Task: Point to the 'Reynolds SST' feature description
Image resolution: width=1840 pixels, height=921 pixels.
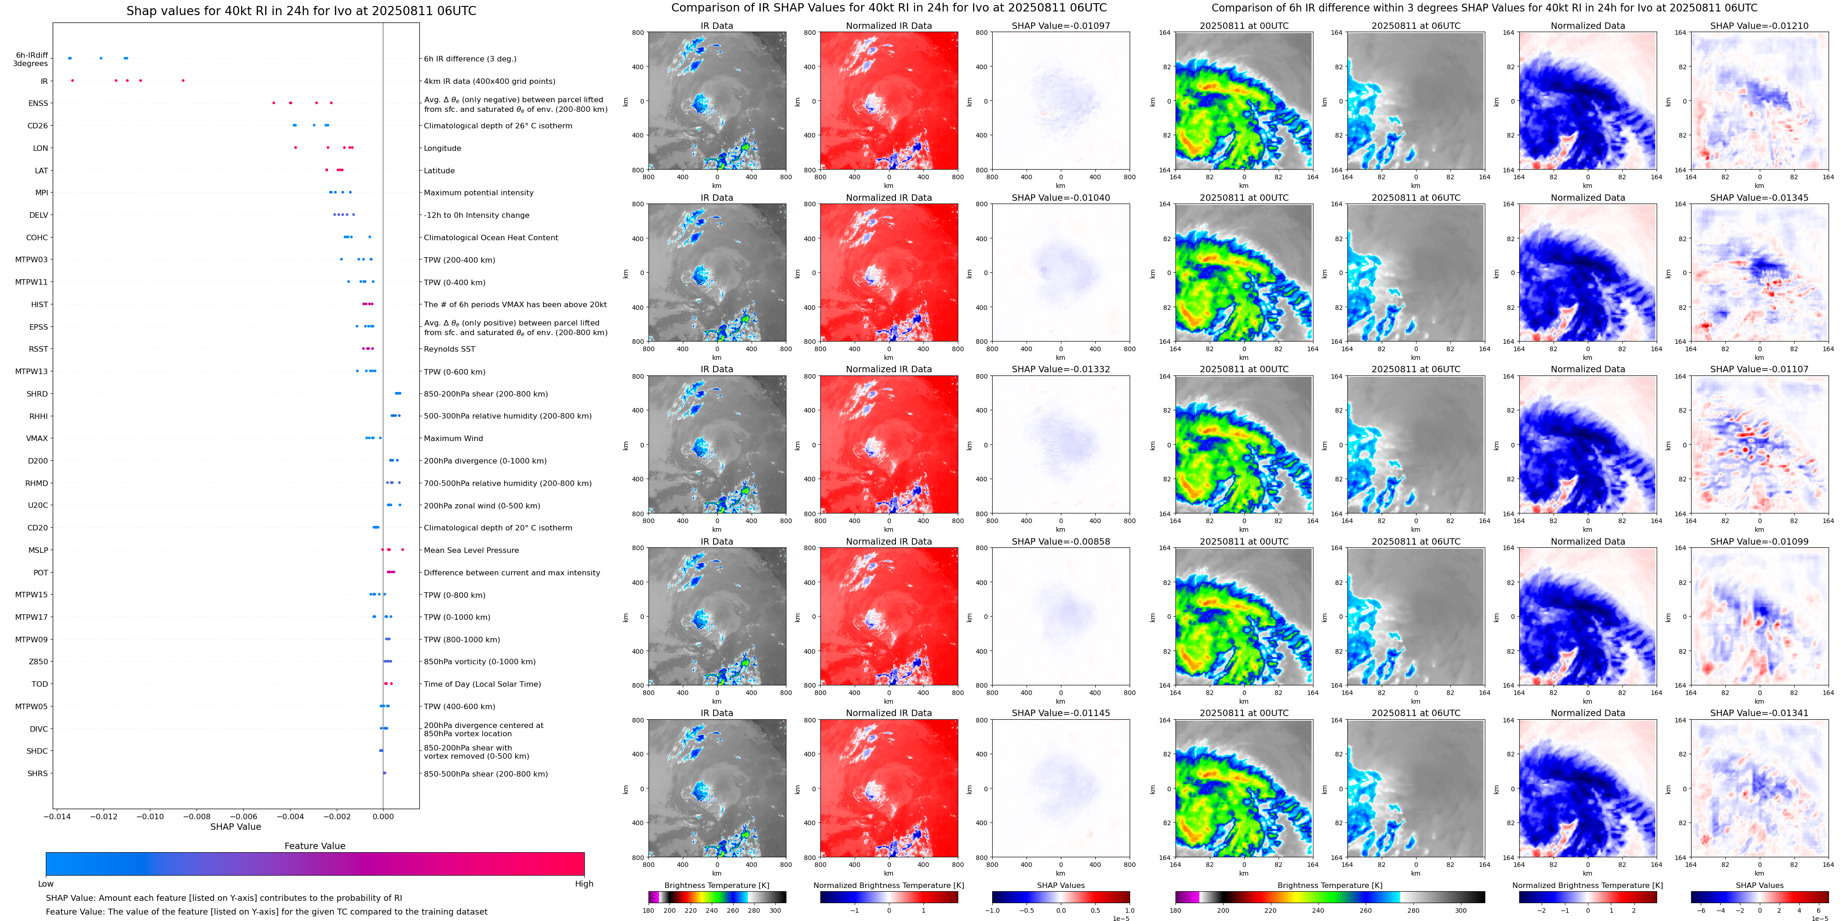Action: [449, 349]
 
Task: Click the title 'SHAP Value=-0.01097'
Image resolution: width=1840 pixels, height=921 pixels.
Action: [1061, 26]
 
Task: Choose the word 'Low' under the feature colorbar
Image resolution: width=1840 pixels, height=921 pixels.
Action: [46, 884]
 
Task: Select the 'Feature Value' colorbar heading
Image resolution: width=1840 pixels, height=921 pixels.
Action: [314, 846]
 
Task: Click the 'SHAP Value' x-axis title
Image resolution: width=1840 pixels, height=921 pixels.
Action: [236, 827]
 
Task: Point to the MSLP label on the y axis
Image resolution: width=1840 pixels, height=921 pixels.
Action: [38, 550]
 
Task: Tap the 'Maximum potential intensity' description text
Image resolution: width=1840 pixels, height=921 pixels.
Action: [478, 193]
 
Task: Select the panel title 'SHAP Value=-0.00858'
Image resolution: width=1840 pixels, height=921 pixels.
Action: [1061, 541]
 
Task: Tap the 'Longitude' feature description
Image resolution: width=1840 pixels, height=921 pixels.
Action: [442, 149]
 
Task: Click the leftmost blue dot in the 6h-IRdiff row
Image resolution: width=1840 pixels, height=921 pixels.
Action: [69, 58]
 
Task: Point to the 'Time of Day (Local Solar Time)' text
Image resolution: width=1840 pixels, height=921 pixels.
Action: [482, 684]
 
